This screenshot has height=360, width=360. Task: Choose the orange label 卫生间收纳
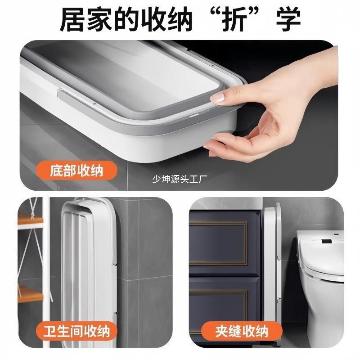[x=75, y=332]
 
